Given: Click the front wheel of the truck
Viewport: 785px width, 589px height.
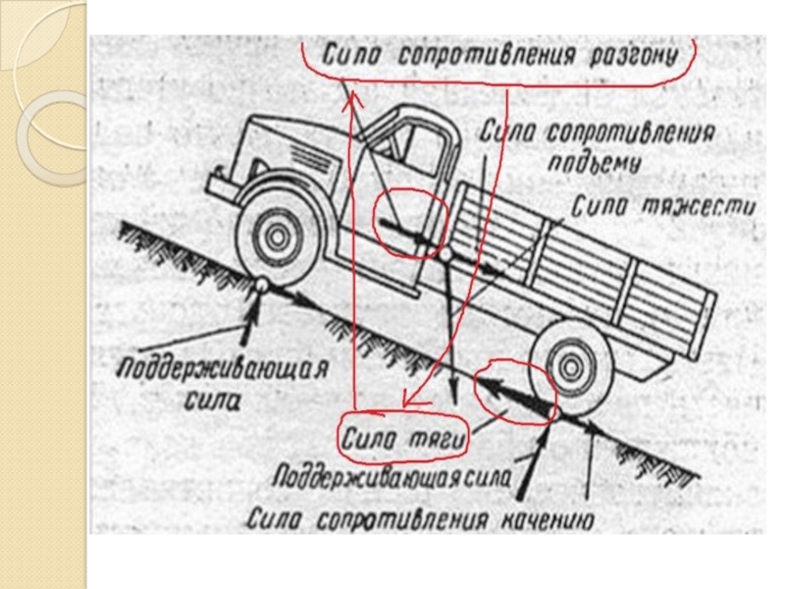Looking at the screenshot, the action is (278, 233).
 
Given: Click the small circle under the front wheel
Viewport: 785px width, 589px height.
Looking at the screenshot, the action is (262, 285).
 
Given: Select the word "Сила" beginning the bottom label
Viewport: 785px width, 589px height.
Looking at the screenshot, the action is (280, 517).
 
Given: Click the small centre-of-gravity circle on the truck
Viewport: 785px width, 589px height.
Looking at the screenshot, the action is (445, 253).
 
